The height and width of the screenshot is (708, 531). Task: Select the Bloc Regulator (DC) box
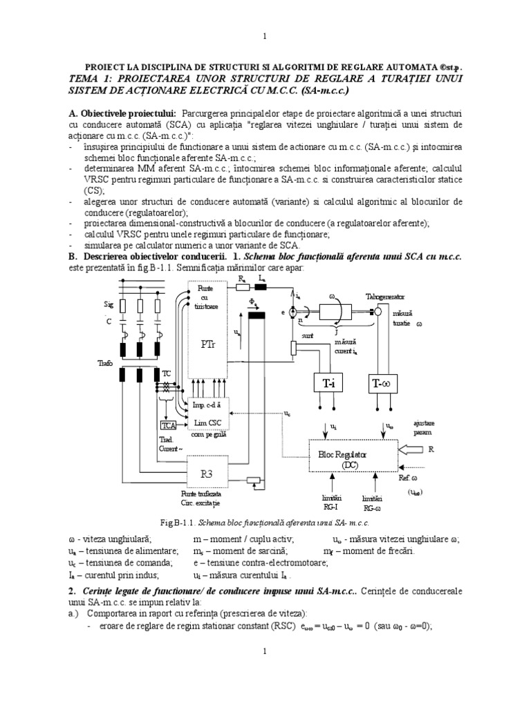point(353,460)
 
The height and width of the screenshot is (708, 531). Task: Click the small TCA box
point(169,426)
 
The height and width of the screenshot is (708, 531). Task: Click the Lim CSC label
point(207,422)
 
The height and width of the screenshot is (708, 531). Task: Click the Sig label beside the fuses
point(108,304)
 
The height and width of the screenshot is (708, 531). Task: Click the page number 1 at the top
point(265,36)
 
